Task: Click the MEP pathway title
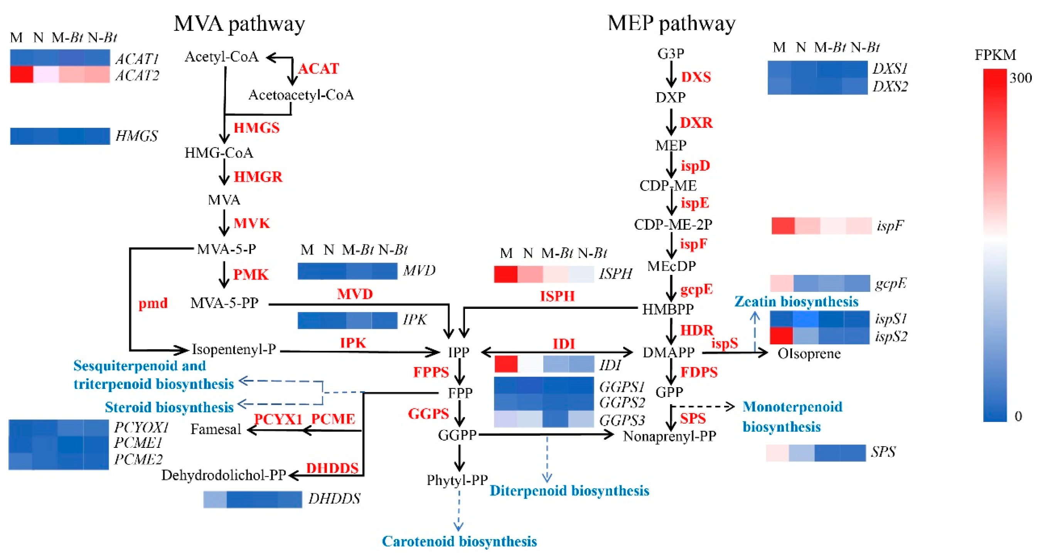[671, 23]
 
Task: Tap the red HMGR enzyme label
[258, 177]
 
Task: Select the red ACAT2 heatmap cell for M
[21, 75]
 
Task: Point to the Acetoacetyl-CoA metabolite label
[301, 95]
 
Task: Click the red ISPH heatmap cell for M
[506, 274]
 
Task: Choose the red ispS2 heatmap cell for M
[781, 335]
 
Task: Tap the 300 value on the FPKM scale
[1020, 78]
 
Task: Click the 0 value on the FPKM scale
[1018, 416]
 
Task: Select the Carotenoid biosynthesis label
[459, 541]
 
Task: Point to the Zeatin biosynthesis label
[796, 301]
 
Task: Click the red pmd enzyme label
[153, 303]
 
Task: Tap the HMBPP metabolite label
[668, 309]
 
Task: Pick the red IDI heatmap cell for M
[506, 364]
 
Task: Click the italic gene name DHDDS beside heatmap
[334, 499]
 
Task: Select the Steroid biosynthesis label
[169, 407]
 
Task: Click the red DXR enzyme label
[696, 123]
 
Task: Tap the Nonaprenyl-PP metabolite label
[669, 436]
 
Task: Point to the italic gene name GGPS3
[622, 420]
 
